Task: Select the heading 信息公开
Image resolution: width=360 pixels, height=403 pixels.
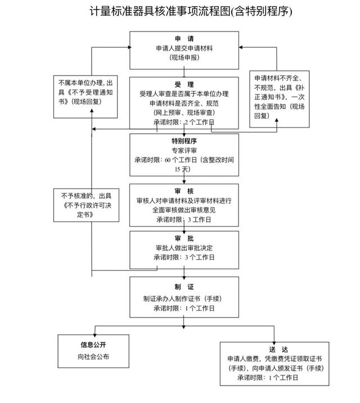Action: coord(92,345)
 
